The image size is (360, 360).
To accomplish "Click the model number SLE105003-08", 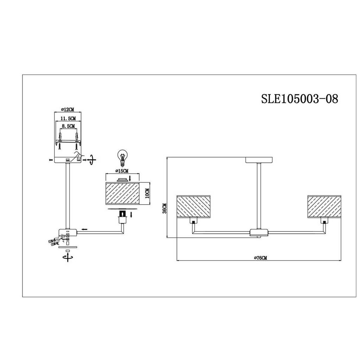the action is (x=300, y=99).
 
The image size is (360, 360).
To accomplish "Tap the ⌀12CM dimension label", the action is (x=68, y=110).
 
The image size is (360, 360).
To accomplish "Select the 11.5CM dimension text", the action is (x=68, y=118).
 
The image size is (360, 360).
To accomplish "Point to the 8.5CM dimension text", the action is (x=68, y=126).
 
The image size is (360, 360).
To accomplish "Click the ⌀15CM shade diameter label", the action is (x=122, y=171).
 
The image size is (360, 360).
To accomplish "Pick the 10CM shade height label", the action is (x=147, y=193).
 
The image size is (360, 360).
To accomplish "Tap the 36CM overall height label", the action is (x=165, y=208).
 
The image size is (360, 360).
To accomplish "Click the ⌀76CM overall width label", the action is (x=261, y=258).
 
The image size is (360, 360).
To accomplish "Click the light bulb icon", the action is (x=123, y=157).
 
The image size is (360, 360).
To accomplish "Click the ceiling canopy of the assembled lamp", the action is (x=259, y=160).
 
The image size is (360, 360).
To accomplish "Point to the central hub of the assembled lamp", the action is (x=259, y=232).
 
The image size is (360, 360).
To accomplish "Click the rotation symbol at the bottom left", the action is (x=68, y=257).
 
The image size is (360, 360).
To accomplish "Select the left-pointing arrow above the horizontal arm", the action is (x=84, y=229).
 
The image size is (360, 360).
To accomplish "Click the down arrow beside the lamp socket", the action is (x=131, y=215).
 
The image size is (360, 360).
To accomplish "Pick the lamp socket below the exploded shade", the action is (x=122, y=217).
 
